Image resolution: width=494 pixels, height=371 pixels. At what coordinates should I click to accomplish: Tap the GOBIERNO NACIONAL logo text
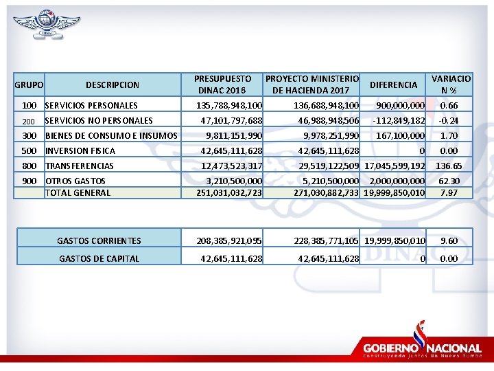pos(422,348)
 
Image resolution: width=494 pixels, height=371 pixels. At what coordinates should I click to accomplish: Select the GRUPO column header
pos(29,85)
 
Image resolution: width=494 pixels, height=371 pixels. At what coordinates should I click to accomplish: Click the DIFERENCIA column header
pos(393,85)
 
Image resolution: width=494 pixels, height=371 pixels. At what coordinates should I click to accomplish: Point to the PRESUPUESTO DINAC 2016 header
pos(222,85)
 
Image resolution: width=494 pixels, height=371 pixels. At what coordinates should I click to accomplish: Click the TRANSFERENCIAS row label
pos(79,166)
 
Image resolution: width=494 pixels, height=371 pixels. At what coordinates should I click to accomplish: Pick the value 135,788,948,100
pos(229,106)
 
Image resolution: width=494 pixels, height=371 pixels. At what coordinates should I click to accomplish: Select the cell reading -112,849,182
pos(399,121)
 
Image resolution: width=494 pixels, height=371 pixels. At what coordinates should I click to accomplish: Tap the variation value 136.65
pos(449,166)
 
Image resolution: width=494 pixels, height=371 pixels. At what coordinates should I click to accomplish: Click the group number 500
pos(29,150)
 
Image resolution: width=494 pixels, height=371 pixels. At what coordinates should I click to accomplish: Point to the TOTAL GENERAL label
pos(78,192)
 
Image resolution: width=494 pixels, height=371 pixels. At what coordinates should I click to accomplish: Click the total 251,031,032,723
pos(229,192)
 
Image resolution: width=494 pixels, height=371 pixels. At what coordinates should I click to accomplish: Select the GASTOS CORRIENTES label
pos(99,240)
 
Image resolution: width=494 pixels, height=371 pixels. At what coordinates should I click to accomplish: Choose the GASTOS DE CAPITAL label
pos(99,258)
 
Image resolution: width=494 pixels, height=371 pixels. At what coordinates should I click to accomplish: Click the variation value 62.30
pos(449,181)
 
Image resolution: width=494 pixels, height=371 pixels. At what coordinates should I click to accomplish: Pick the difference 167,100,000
pos(401,135)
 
